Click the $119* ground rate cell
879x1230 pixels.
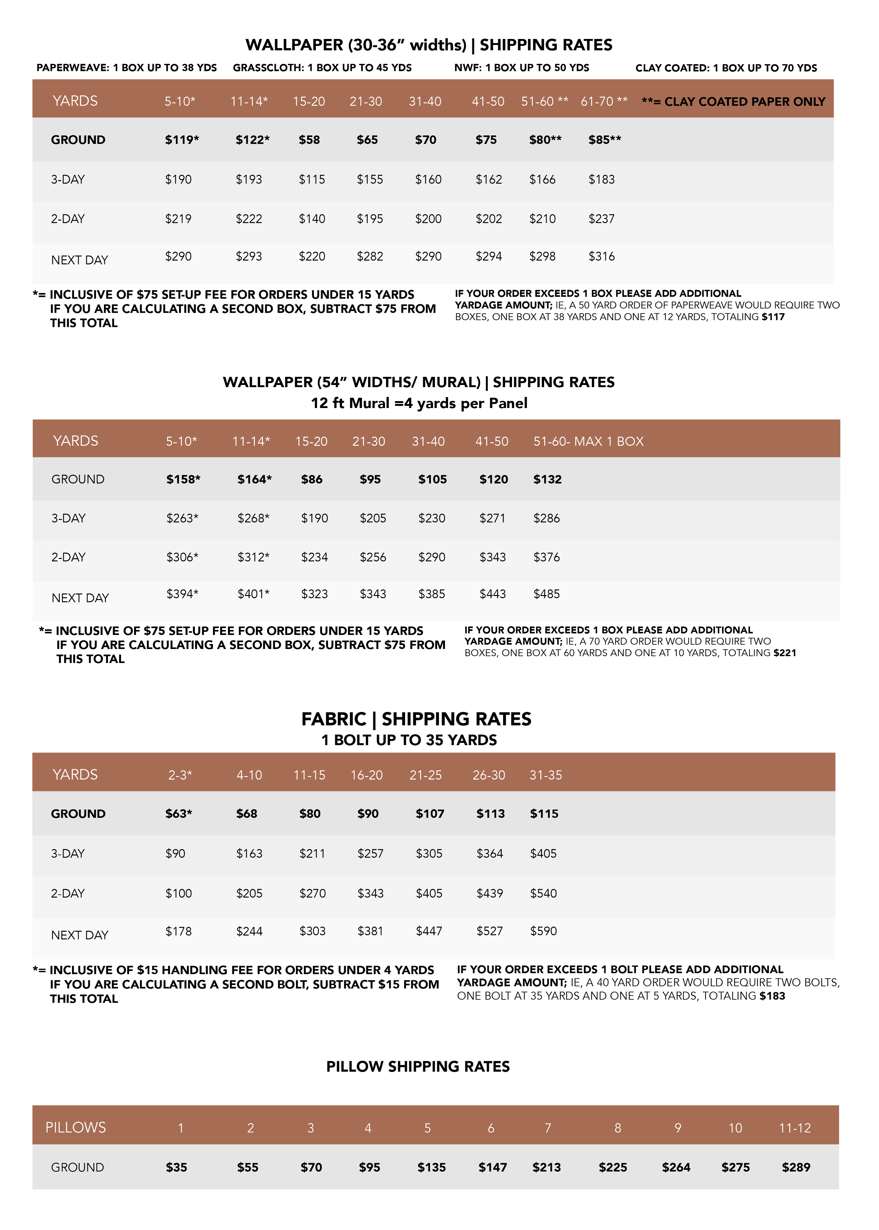tap(182, 140)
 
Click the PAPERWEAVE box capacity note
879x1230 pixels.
tap(127, 68)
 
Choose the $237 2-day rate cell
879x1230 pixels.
tap(601, 219)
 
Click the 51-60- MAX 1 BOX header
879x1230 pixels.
tap(588, 441)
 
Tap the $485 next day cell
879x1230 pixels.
tap(547, 593)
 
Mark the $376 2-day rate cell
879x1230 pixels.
tap(547, 557)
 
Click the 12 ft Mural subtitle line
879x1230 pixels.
tap(419, 403)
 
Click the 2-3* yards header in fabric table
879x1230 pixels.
tap(180, 775)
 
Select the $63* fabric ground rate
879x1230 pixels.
tap(179, 813)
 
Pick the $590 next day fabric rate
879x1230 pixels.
tap(543, 931)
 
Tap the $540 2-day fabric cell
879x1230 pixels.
tap(543, 893)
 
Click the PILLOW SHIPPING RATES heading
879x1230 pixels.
tap(418, 1066)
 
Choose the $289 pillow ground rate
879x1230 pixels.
tap(796, 1167)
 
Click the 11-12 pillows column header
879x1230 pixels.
tap(794, 1128)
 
